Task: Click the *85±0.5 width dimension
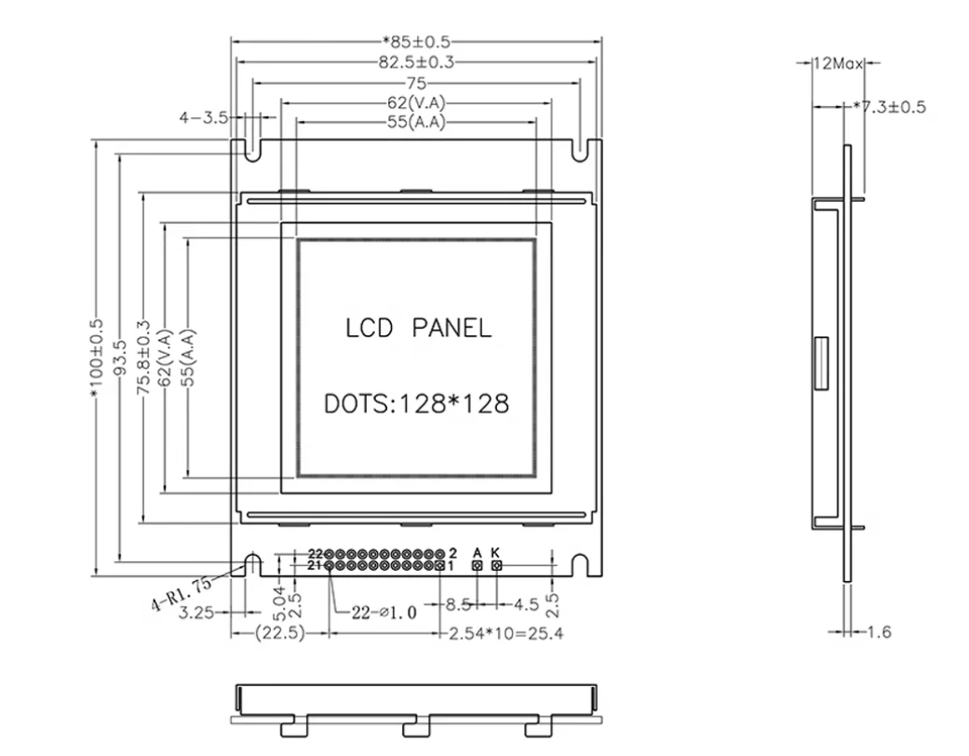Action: (416, 41)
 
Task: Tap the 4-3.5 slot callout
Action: (204, 117)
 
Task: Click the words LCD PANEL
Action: (418, 328)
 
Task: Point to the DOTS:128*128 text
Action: (416, 404)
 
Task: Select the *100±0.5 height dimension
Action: (97, 358)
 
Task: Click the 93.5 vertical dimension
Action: (119, 358)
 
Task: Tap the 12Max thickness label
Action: (836, 63)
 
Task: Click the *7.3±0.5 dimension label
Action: (891, 106)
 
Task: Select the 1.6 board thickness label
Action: (879, 632)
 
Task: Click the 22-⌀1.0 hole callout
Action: (384, 612)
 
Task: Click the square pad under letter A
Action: (478, 565)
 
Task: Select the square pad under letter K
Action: (496, 565)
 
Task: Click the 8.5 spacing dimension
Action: (457, 604)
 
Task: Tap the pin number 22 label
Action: (315, 553)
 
